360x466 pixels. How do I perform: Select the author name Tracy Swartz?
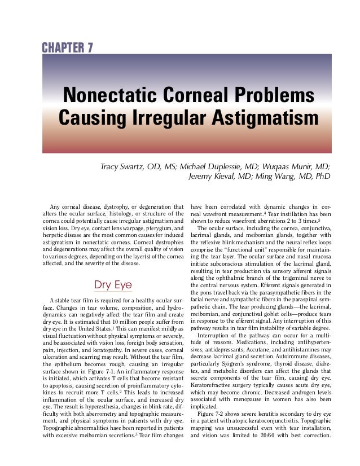[x=124, y=167]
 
